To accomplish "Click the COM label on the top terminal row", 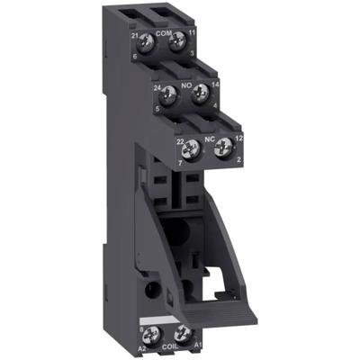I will tap(163, 32).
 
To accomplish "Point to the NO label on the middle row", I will tap(188, 85).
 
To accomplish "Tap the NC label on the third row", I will tap(208, 139).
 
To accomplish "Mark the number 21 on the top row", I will tap(133, 34).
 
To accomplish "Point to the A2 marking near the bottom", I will tap(142, 347).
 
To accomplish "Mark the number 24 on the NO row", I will tap(157, 88).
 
